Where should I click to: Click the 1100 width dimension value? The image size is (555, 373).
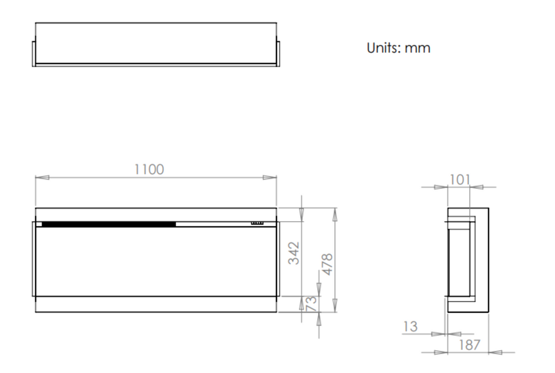(149, 169)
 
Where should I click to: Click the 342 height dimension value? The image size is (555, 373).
(294, 253)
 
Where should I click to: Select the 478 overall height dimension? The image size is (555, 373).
(327, 264)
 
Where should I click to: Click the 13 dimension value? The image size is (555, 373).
(410, 326)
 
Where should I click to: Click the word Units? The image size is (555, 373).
(383, 48)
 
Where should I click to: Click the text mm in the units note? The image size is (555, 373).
(417, 48)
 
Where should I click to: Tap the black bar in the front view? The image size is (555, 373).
(108, 224)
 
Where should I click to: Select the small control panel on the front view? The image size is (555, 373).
(257, 223)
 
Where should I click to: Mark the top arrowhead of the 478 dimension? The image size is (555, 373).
(335, 214)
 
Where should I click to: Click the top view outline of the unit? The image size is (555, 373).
(155, 44)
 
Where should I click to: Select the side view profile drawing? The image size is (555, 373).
(467, 260)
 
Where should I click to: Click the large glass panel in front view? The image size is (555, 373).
(156, 261)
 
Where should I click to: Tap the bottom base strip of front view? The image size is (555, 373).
(156, 304)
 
